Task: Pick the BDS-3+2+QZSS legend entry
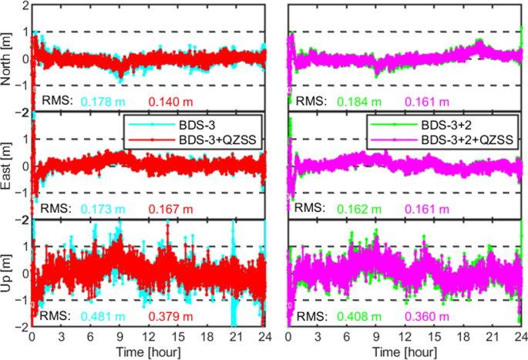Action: [469, 139]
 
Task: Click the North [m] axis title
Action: [7, 58]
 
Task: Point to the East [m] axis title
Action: [7, 165]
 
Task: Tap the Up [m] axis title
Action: [7, 273]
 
